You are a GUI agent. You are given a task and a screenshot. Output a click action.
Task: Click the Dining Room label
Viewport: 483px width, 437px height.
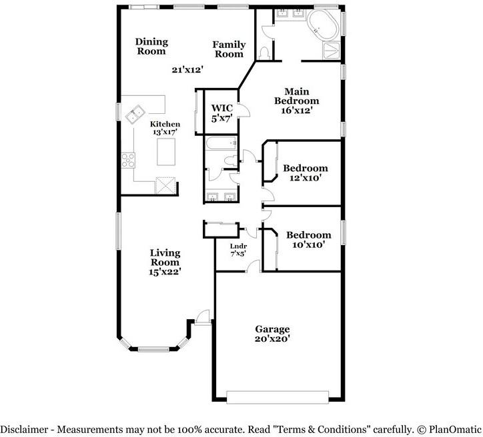[151, 47]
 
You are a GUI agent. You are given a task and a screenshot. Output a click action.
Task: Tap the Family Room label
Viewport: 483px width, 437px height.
[229, 49]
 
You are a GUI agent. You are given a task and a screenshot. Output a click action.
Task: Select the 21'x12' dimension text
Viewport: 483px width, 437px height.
[187, 69]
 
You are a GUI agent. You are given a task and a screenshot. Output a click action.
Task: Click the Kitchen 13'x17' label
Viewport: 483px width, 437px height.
[164, 128]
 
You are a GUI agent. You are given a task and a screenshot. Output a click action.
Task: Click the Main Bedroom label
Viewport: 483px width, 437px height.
[301, 101]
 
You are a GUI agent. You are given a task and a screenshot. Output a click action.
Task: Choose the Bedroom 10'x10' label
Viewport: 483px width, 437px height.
[308, 240]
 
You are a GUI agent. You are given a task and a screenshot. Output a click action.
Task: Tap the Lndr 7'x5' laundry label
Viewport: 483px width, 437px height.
[238, 250]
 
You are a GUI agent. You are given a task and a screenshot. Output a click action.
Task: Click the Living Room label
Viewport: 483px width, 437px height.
[165, 262]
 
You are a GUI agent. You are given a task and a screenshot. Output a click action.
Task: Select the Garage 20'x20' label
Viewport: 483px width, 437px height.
[273, 334]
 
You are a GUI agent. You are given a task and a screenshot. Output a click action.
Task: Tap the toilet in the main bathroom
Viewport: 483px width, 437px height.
[266, 51]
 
